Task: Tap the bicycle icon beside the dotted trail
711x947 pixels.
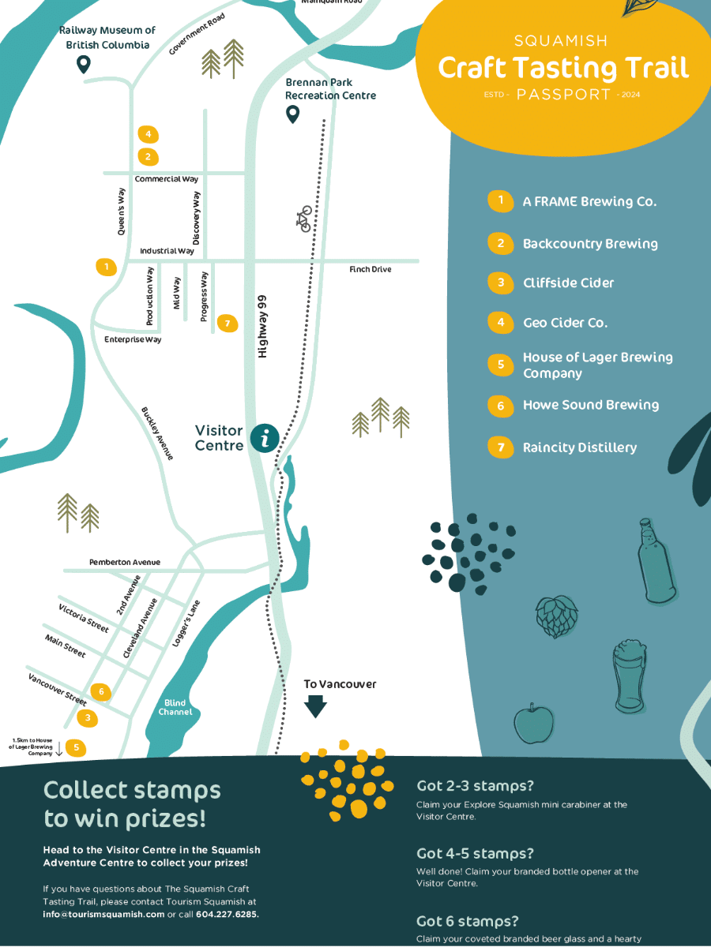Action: (305, 219)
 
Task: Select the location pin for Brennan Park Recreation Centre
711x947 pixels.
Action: (292, 115)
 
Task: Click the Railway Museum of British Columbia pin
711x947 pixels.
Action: (82, 65)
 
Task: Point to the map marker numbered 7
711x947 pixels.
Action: (227, 323)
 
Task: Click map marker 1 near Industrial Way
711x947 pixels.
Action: (105, 267)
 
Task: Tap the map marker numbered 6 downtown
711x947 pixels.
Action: (100, 692)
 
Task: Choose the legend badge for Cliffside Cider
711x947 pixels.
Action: (500, 283)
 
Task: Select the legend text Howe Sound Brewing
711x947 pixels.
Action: (590, 405)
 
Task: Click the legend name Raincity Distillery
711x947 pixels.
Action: (579, 447)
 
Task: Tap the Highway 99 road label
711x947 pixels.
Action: (263, 327)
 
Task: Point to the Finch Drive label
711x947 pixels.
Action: (370, 270)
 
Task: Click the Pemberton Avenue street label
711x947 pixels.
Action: (124, 562)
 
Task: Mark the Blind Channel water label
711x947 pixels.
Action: (175, 707)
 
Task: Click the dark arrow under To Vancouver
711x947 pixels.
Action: (316, 706)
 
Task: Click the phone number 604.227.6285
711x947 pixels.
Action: (226, 914)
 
